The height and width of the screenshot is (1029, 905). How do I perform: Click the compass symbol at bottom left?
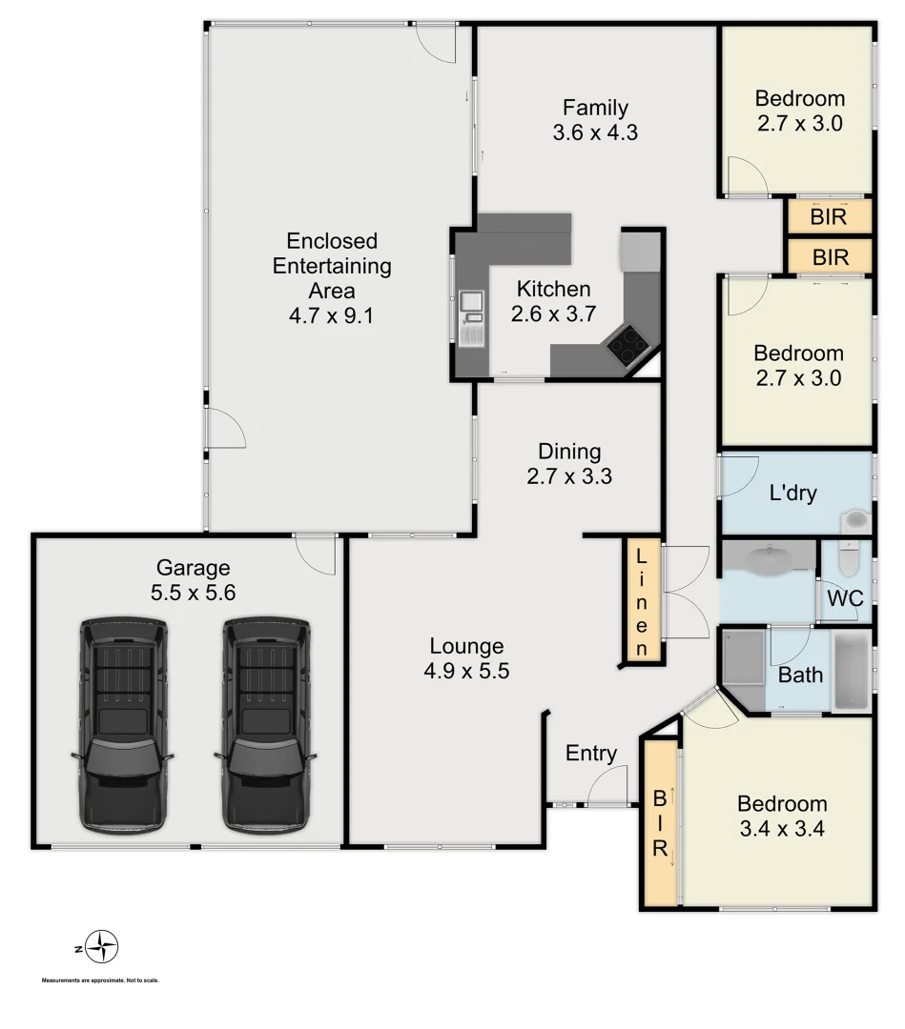click(100, 947)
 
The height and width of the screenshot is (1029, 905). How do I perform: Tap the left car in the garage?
click(123, 725)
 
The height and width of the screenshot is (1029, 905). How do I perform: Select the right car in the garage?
click(266, 725)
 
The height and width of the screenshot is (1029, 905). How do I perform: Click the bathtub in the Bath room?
click(851, 671)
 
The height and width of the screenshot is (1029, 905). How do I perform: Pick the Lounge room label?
click(466, 646)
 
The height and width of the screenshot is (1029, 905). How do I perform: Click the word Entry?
click(591, 754)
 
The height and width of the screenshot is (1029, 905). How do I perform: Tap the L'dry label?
click(793, 494)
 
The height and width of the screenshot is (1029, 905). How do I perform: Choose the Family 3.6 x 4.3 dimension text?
click(595, 132)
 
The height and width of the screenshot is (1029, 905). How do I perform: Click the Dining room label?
click(569, 452)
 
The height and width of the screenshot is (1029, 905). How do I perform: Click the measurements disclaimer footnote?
click(100, 980)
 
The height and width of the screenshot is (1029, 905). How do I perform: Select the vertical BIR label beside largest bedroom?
click(659, 824)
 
